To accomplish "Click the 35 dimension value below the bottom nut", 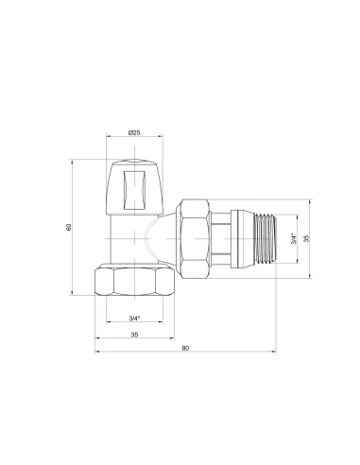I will tap(134, 335).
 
